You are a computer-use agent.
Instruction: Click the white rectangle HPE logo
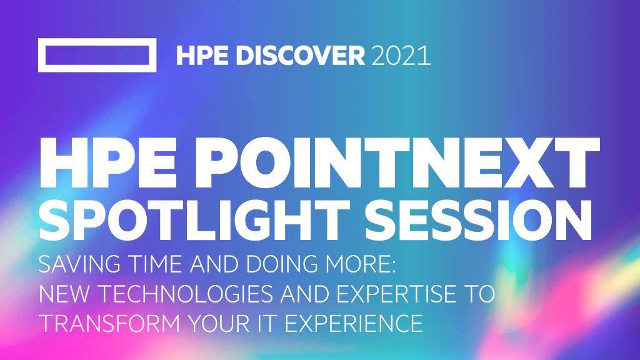tap(97, 56)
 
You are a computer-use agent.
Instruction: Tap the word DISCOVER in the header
tap(291, 56)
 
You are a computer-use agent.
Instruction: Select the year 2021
tap(401, 56)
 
